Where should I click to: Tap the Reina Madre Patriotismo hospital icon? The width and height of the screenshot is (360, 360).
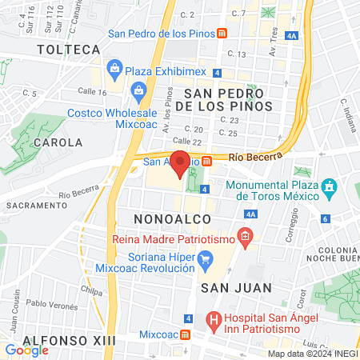pyautogui.click(x=245, y=237)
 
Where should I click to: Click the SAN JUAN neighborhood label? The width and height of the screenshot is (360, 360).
pyautogui.click(x=237, y=286)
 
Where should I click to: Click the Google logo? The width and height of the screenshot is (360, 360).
pyautogui.click(x=26, y=350)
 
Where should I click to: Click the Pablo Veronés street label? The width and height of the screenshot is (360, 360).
pyautogui.click(x=52, y=304)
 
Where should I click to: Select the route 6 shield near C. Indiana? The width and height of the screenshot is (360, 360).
pyautogui.click(x=325, y=218)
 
